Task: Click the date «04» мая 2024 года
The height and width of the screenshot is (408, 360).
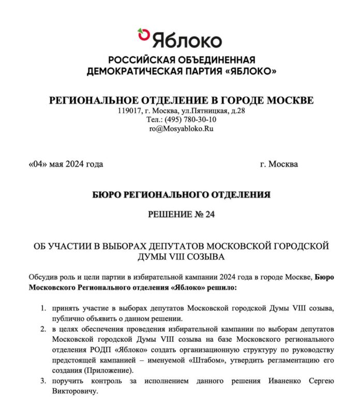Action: [66, 164]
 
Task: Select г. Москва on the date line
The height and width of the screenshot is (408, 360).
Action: [279, 164]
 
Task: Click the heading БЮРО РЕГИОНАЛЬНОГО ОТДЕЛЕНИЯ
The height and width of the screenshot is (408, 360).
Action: [181, 194]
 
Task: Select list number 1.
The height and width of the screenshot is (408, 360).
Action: [43, 308]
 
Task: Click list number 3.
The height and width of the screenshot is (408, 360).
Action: [43, 381]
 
